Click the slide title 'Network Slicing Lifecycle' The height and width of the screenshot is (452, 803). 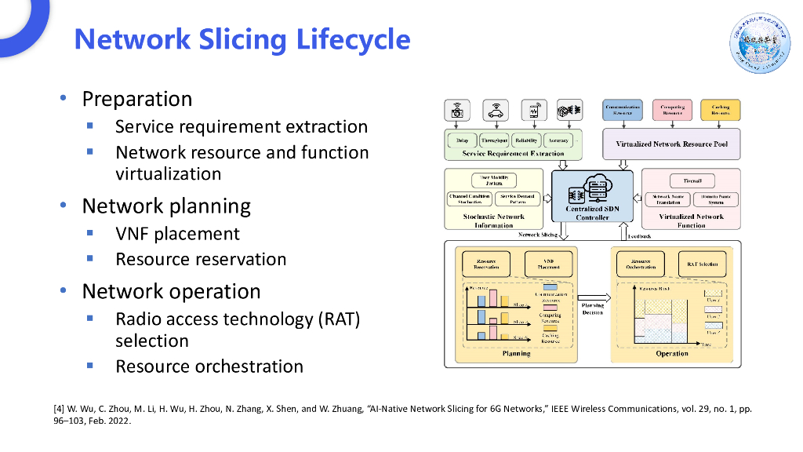click(x=242, y=39)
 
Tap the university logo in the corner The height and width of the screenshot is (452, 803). click(x=761, y=41)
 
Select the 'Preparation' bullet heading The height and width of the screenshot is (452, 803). click(x=137, y=99)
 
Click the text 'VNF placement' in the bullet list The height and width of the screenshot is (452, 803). click(x=177, y=234)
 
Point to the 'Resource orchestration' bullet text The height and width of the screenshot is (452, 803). click(x=209, y=366)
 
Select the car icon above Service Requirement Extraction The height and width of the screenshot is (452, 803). click(x=495, y=110)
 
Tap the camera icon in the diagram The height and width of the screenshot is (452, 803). click(x=457, y=110)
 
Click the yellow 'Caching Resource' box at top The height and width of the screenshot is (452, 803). click(x=720, y=110)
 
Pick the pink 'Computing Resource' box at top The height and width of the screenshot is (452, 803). click(x=672, y=110)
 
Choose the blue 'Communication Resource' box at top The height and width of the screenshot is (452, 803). click(x=623, y=110)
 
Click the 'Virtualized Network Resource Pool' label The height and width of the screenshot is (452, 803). click(x=671, y=144)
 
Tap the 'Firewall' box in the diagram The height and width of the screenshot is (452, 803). click(x=692, y=180)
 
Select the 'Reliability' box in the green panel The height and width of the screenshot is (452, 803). click(x=526, y=140)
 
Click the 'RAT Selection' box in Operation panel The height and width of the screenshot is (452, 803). click(x=703, y=264)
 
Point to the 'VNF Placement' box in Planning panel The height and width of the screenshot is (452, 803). click(x=548, y=264)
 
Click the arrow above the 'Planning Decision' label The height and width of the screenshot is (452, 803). click(x=593, y=291)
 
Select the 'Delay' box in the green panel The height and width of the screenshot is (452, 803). click(x=462, y=140)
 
